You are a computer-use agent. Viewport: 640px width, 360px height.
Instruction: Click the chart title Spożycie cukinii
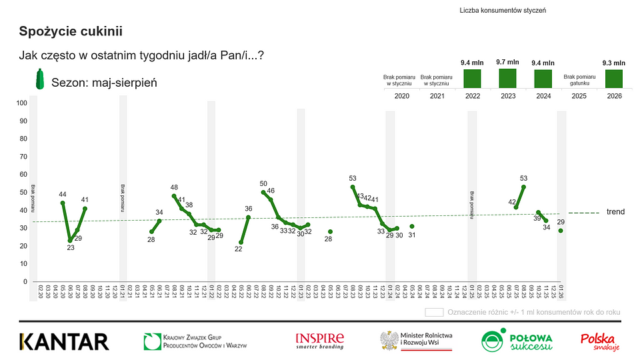71,31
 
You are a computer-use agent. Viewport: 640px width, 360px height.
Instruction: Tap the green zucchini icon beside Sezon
40,80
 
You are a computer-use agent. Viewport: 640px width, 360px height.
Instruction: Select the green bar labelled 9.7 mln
507,78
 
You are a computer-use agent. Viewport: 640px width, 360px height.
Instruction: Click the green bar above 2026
614,79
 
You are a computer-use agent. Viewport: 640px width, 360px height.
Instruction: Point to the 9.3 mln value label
614,63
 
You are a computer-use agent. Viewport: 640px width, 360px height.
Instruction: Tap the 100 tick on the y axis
22,103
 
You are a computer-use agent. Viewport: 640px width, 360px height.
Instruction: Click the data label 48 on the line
174,188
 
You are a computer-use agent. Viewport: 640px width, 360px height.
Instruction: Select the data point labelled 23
70,241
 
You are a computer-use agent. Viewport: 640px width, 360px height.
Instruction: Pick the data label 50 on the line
263,184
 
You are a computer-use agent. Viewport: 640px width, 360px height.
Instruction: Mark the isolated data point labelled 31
411,227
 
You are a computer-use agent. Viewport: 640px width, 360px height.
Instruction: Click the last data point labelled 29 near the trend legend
561,231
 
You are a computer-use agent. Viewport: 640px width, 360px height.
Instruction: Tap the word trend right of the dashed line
615,212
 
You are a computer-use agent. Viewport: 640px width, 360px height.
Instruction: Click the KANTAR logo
64,341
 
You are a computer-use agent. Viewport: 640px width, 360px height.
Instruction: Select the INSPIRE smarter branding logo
320,341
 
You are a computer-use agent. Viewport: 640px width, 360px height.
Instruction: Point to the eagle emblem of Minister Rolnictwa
389,341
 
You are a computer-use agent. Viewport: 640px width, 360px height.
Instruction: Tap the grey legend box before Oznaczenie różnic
434,312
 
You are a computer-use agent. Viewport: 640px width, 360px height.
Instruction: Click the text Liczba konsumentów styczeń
503,11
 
